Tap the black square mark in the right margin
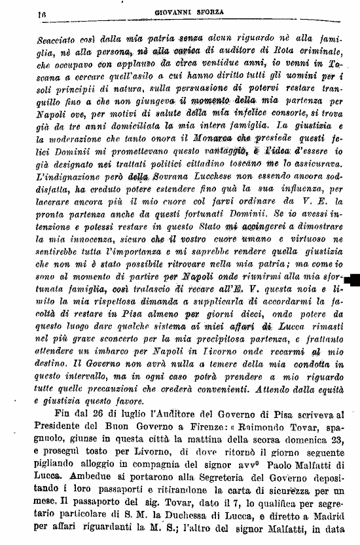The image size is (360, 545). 355,281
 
